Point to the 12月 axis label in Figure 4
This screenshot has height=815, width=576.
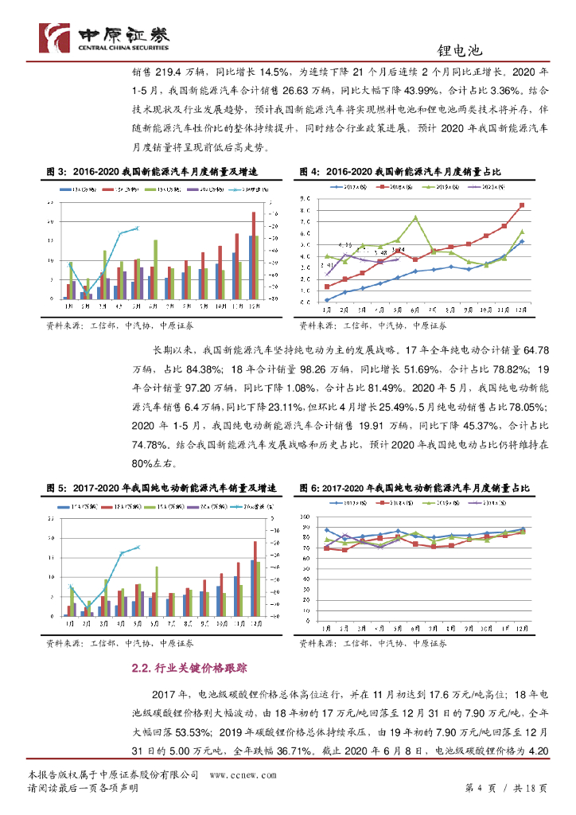[x=521, y=308]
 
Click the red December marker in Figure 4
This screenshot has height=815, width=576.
[x=521, y=205]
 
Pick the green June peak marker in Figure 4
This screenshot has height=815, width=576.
[x=415, y=216]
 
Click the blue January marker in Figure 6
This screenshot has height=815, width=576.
[x=326, y=530]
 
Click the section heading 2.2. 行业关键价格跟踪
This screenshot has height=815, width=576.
[x=189, y=669]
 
